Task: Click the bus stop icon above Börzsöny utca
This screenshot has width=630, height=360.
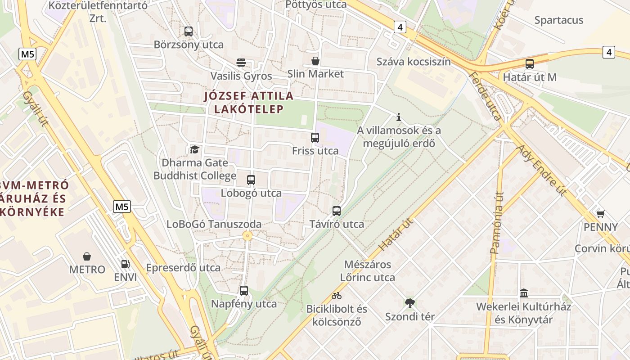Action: pos(189,31)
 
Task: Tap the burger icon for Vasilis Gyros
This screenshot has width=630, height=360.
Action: pos(241,62)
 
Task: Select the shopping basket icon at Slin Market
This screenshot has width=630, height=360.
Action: pos(315,60)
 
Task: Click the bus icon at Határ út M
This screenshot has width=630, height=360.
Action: pos(530,64)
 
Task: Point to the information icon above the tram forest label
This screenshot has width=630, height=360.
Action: pos(398,117)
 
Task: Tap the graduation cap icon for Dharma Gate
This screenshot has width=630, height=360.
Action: pos(194,149)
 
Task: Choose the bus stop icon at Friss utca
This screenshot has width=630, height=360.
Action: pos(315,138)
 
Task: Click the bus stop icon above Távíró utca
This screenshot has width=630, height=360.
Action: pos(337,211)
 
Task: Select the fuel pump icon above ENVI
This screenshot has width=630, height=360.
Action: pos(125,264)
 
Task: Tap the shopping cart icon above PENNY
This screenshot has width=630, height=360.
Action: pos(600,214)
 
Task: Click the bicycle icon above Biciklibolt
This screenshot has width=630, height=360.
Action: pos(337,296)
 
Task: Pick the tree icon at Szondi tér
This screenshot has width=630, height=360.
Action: pos(409,303)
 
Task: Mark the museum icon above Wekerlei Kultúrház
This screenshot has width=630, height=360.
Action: pos(524,293)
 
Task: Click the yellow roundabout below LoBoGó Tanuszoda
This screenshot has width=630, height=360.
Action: pos(247,235)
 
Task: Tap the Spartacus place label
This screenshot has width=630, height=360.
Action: pos(559,20)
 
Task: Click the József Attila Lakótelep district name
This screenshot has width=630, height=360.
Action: pos(249,103)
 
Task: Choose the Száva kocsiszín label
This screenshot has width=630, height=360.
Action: pos(414,62)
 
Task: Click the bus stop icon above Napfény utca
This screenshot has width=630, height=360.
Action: pos(244,291)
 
